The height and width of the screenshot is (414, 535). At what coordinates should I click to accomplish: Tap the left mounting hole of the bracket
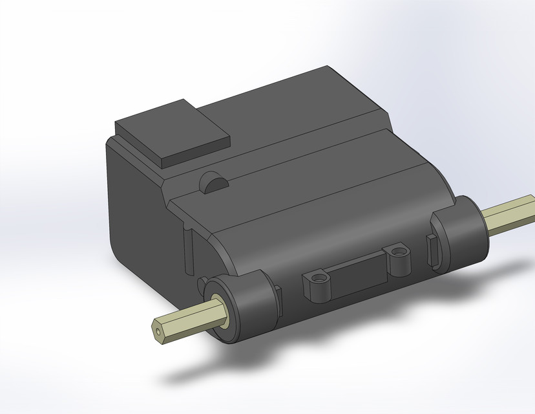317,279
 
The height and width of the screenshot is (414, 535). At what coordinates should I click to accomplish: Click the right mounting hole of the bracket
397,248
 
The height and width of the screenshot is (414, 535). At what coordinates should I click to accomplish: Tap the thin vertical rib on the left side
190,249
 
